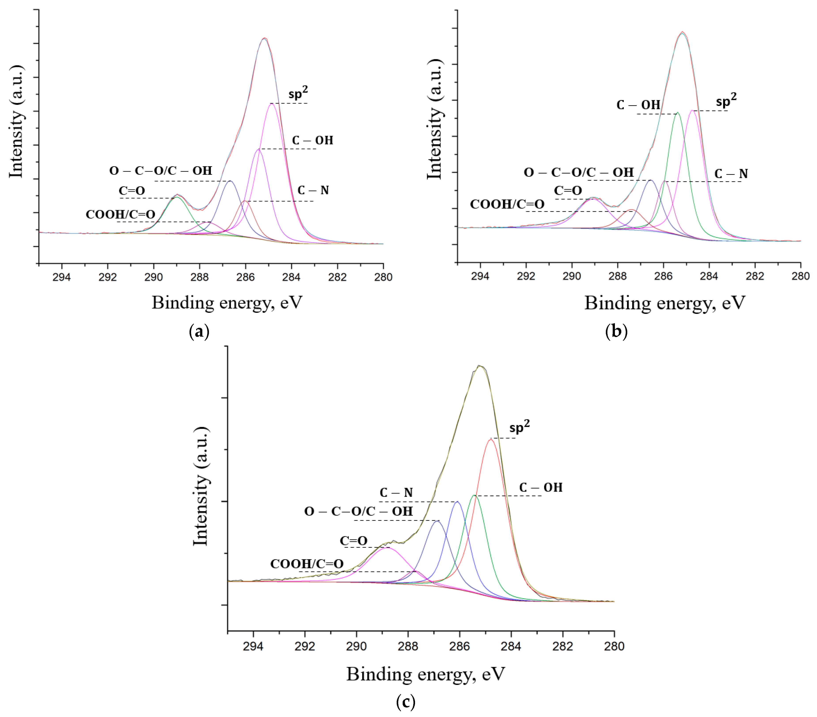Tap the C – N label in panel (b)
click(731, 174)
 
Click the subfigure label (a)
click(199, 332)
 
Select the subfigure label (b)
click(616, 332)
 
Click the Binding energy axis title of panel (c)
click(425, 674)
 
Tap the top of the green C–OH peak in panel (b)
click(677, 113)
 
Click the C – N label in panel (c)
click(396, 493)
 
